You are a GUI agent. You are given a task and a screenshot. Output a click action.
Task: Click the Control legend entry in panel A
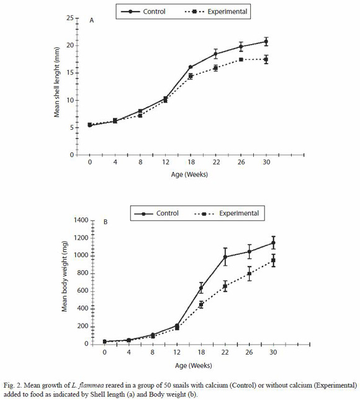[x=143, y=11]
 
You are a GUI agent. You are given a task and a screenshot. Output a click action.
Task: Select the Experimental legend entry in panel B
[x=227, y=213]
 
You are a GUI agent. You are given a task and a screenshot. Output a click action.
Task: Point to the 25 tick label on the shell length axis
[x=70, y=18]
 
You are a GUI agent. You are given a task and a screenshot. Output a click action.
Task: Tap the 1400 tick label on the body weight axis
[x=81, y=220]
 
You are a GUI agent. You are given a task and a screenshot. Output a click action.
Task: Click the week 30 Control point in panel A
[x=266, y=42]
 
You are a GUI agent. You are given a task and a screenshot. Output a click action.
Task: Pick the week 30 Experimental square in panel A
[x=266, y=60]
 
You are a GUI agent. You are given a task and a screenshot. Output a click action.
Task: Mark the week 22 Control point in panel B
[x=225, y=257]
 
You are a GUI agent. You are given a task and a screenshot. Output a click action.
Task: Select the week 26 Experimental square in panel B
[x=250, y=274]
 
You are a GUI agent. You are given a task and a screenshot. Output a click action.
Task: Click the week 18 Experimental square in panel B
[x=201, y=304]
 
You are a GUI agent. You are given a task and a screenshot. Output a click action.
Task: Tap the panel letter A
[x=91, y=20]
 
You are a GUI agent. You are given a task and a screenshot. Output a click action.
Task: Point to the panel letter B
[x=106, y=222]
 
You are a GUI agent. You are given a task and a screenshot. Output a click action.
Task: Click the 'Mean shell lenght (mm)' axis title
[x=56, y=82]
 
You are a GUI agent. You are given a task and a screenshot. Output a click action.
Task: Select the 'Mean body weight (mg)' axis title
[x=65, y=276]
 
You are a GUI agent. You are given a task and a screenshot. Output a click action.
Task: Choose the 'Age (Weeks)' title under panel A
[x=189, y=175]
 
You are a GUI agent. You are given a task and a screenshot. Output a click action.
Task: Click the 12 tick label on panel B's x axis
[x=177, y=352]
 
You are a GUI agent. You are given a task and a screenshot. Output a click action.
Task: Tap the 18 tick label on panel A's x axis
[x=191, y=162]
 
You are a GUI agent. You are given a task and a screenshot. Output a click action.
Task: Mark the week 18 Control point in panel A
[x=190, y=67]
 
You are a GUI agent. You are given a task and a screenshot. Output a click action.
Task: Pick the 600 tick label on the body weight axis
[x=83, y=291]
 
